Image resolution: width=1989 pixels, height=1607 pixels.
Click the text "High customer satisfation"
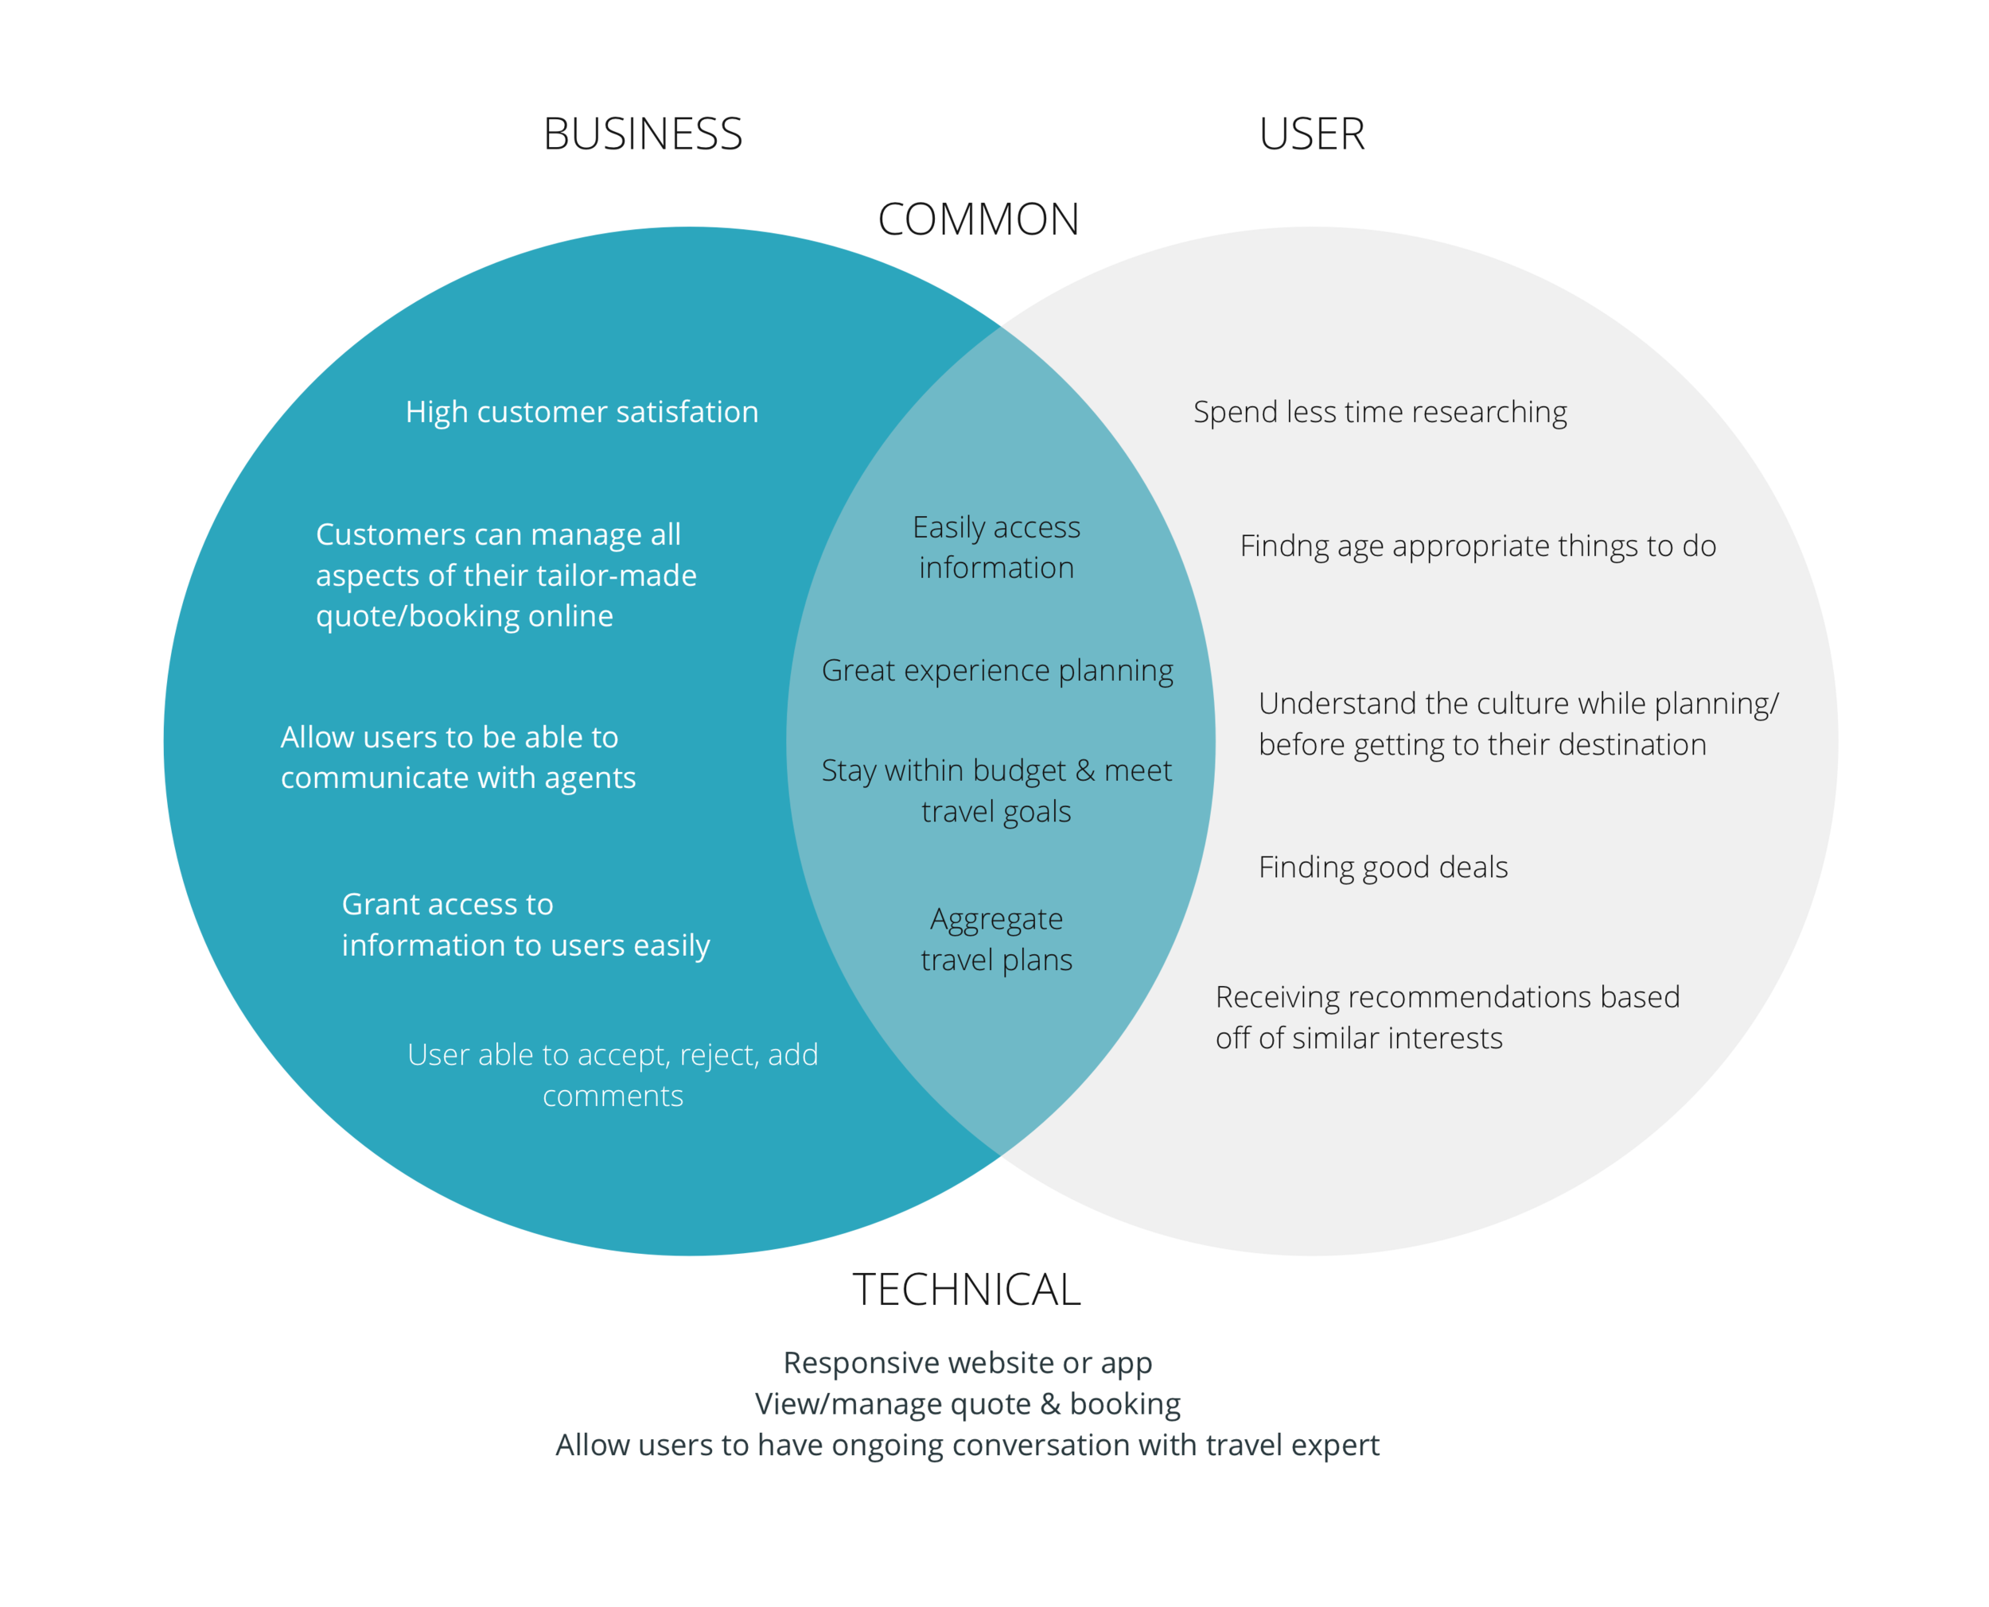coord(582,412)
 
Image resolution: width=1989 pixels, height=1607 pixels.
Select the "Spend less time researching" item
coord(1380,412)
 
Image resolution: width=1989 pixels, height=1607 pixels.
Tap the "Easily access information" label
coord(996,547)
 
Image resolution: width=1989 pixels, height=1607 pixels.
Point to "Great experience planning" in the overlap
coord(997,670)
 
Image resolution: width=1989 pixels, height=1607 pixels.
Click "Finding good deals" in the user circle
coord(1383,868)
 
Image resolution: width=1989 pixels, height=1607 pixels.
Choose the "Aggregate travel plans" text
coord(996,940)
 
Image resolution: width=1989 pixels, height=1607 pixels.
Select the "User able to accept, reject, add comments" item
coord(613,1075)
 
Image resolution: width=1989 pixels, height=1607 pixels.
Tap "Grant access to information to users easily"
coord(525,925)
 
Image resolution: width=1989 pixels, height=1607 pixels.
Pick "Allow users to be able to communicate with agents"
coord(457,757)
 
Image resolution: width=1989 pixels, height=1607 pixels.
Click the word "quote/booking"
coord(403,616)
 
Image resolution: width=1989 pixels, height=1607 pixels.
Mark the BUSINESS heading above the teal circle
coord(642,135)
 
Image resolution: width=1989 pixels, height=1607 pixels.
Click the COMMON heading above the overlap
coord(974,220)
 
